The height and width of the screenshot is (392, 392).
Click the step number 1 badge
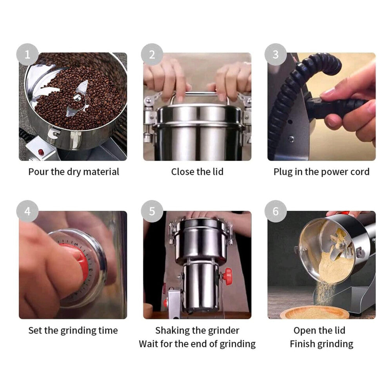[27, 54]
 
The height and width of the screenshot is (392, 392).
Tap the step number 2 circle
[152, 54]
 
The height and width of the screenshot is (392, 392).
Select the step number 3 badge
[276, 54]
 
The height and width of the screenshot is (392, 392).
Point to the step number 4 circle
[27, 211]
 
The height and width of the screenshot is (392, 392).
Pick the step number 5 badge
[152, 211]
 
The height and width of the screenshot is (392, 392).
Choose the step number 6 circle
[276, 211]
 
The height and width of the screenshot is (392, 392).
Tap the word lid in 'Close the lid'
[218, 172]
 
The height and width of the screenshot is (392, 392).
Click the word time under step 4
[108, 330]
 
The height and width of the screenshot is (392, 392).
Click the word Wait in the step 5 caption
[149, 344]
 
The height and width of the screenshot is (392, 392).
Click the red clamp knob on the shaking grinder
[227, 276]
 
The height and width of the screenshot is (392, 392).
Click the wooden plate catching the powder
[314, 312]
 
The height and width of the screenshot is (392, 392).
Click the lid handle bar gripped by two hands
[200, 94]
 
